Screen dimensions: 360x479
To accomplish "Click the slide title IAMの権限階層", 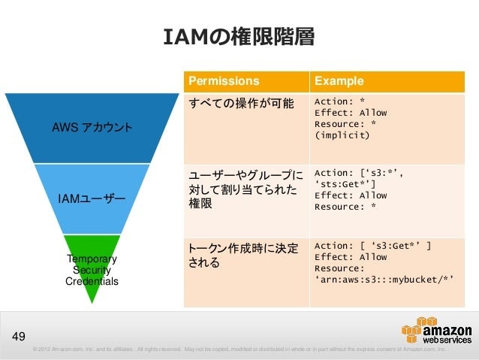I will (239, 36).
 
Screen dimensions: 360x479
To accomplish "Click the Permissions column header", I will (224, 81).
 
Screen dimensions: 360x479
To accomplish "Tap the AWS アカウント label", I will (92, 127).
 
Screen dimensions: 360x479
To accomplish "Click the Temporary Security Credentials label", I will (92, 270).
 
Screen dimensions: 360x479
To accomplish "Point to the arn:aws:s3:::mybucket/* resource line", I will (384, 280).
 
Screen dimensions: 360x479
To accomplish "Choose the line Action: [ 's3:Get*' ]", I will (372, 246).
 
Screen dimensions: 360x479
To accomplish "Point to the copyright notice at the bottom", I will (239, 349).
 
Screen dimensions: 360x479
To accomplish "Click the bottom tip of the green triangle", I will (92, 303).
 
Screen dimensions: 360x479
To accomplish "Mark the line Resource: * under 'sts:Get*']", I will (345, 207).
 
